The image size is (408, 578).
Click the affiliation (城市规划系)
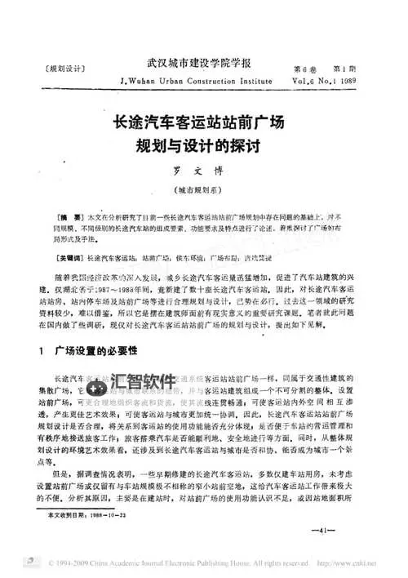[203, 194]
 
